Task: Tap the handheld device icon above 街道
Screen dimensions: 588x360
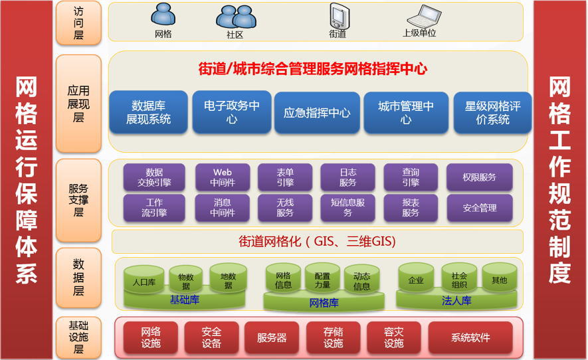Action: point(340,16)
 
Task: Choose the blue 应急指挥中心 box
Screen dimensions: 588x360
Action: point(317,112)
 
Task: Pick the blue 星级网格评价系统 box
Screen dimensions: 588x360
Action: point(492,112)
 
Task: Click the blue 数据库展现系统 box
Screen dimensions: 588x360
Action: point(149,112)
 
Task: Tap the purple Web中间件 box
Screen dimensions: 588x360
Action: point(223,177)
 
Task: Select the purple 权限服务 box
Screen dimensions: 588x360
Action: point(479,177)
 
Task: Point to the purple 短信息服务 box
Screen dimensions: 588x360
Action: point(347,207)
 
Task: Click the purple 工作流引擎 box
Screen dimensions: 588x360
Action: point(154,207)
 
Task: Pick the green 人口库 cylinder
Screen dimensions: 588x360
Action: point(144,280)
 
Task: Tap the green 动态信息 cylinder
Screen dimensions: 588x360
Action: point(361,280)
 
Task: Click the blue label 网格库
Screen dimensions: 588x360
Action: point(324,303)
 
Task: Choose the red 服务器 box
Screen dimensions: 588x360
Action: point(272,337)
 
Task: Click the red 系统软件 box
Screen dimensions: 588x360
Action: point(470,337)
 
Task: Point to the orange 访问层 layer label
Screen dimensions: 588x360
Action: point(78,23)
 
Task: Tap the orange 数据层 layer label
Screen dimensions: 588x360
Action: point(78,278)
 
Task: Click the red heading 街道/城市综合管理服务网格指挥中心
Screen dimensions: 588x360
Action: point(313,68)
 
